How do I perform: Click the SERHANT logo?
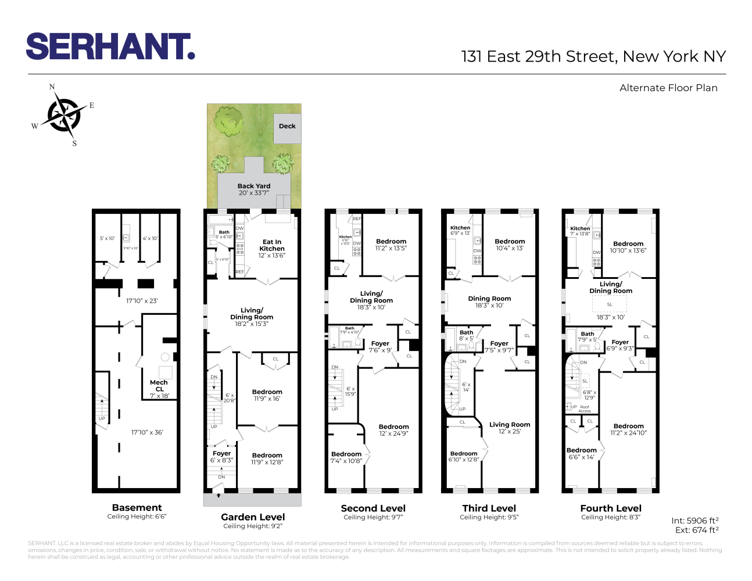pos(110,46)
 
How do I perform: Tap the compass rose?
pos(64,114)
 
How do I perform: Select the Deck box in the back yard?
pos(287,128)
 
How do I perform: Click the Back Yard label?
pos(254,187)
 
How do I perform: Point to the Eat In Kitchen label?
pos(272,245)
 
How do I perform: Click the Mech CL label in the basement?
pos(159,386)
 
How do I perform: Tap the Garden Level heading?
pos(253,517)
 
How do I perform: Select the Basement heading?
pos(137,508)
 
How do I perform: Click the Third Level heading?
pos(489,508)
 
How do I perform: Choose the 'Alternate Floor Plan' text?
pos(668,88)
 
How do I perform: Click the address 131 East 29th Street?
pos(593,56)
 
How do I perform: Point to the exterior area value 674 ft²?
pos(706,530)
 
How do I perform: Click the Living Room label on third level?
pos(510,425)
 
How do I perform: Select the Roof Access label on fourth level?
pos(585,409)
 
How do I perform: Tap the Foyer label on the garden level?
pos(221,453)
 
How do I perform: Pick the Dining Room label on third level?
pos(489,299)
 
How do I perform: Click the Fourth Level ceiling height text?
pos(610,517)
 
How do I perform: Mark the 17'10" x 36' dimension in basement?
pos(147,432)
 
